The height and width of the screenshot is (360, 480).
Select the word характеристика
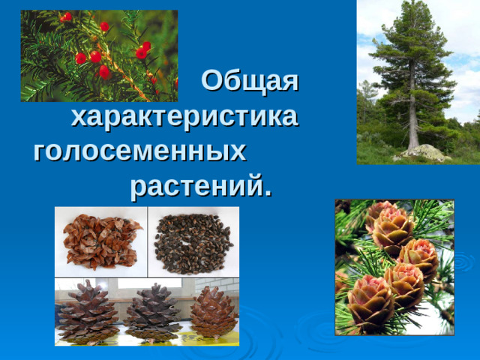tap(184, 117)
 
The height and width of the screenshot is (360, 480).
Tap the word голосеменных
tap(140, 151)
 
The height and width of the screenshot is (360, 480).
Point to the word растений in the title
tap(201, 184)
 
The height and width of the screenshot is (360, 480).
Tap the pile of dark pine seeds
tap(193, 241)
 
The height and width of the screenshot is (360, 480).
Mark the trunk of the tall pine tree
tap(412, 112)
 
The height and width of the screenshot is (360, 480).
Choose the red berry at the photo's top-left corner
tap(67, 16)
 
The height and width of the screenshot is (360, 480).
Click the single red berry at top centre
tap(104, 26)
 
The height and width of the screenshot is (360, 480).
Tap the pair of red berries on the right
tap(142, 49)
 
